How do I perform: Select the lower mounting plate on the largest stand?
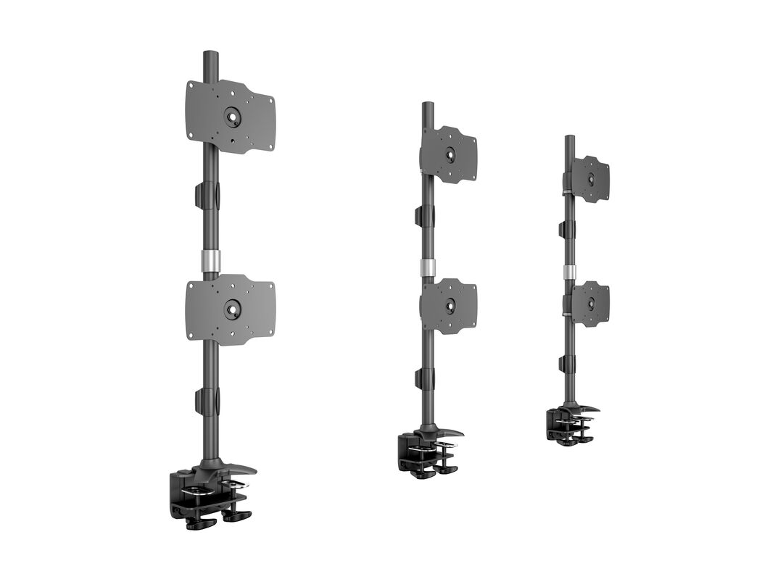pos(250,309)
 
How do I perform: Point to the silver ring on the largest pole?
pos(210,261)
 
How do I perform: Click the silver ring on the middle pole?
pos(428,266)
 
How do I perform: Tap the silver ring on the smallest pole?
pos(570,272)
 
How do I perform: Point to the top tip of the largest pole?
pos(210,54)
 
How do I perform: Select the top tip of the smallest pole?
pos(570,138)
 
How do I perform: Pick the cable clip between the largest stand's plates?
pos(205,195)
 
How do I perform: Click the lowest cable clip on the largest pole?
pos(205,401)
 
